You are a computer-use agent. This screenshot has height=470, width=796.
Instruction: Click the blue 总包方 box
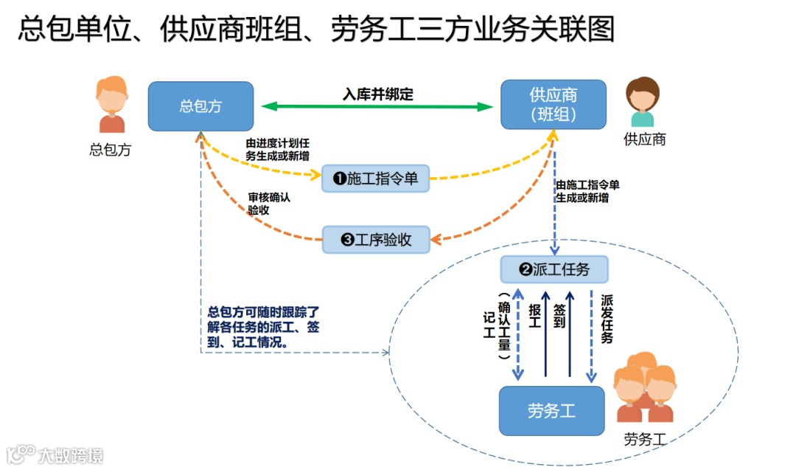point(200,106)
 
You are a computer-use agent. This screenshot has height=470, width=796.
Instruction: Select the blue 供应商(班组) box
point(554,105)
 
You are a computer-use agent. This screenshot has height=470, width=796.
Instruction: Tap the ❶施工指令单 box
point(376,178)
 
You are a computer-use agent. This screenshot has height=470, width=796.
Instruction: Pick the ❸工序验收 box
point(376,239)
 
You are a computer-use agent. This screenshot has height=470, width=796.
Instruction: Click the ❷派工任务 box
point(554,269)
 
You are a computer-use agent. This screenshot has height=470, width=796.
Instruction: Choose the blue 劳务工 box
point(551,411)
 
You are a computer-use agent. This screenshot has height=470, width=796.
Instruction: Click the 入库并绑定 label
point(378,94)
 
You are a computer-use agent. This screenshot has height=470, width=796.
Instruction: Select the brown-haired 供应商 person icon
point(642,103)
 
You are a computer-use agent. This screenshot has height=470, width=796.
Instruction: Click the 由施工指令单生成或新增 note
point(587,191)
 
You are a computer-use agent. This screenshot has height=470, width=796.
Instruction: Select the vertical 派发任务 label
point(607,319)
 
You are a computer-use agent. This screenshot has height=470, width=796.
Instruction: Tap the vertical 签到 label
point(559,317)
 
